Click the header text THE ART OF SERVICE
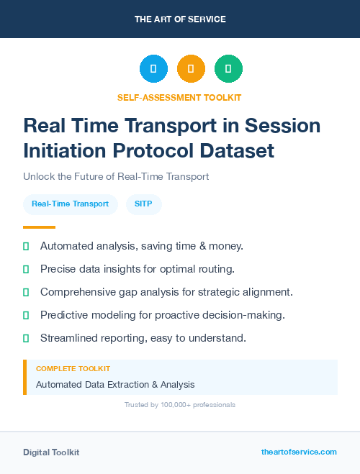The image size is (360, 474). pyautogui.click(x=180, y=19)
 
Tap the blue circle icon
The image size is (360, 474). pyautogui.click(x=153, y=68)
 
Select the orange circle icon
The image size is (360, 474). pyautogui.click(x=191, y=68)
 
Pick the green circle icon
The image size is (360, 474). pyautogui.click(x=228, y=68)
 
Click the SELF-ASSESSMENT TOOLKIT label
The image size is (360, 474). pyautogui.click(x=179, y=97)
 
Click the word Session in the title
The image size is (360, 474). pyautogui.click(x=283, y=125)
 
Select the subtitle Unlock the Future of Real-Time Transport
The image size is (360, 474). pyautogui.click(x=116, y=176)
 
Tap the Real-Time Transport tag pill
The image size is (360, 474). pyautogui.click(x=70, y=204)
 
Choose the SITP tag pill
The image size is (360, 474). pyautogui.click(x=143, y=204)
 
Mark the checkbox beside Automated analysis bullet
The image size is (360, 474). pyautogui.click(x=26, y=247)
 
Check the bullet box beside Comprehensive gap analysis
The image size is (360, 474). pyautogui.click(x=26, y=292)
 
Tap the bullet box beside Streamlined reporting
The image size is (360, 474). pyautogui.click(x=26, y=337)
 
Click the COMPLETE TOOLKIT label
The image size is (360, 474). pyautogui.click(x=73, y=368)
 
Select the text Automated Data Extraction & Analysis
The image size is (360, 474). pyautogui.click(x=115, y=384)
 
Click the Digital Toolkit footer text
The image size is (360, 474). pyautogui.click(x=51, y=452)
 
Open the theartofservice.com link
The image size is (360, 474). pyautogui.click(x=299, y=452)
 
